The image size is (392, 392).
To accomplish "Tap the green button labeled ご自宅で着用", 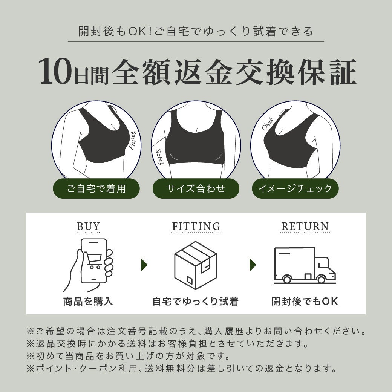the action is coord(96,188).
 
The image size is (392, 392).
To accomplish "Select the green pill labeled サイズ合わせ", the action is coord(196,188).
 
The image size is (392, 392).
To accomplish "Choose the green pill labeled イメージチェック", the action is coord(295,188).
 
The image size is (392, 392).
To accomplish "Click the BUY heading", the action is coord(88,227).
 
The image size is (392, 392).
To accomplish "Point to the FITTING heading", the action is coord(196,227).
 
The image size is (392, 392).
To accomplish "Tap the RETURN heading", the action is coord(305,227).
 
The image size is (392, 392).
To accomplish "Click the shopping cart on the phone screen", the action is coord(93,260).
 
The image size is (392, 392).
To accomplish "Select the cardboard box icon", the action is coord(196,265).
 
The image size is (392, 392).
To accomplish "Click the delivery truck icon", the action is coord(305,265).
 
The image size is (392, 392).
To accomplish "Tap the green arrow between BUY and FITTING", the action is coord(144,265).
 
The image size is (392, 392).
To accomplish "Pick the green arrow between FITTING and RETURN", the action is coord(253,265).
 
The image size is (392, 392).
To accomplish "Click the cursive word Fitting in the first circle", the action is coord(133,141).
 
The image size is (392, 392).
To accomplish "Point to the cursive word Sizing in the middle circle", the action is coord(159,157).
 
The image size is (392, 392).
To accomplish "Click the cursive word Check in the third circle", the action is coord(268,124).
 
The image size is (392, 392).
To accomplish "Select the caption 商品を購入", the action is coord(88,302).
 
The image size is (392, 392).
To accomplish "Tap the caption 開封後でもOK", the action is coord(305,302).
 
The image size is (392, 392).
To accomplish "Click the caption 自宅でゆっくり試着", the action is coord(196,302).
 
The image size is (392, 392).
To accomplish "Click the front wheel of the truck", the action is coord(322,279).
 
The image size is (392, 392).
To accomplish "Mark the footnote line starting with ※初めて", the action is coord(128,356).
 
